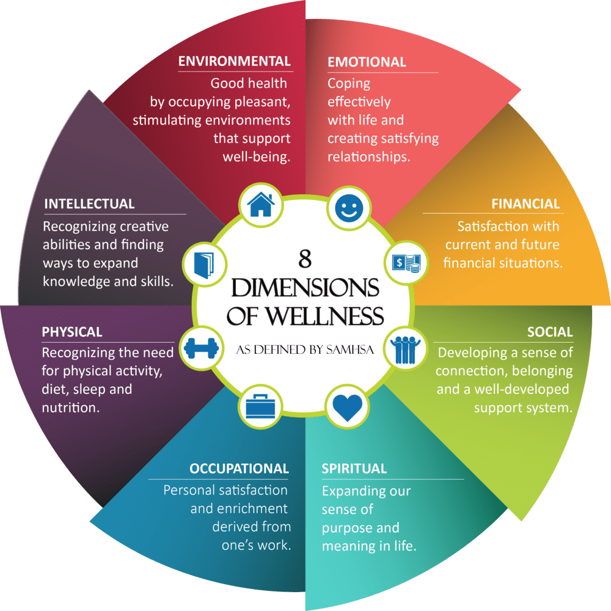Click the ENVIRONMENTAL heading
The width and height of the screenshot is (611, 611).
point(234,61)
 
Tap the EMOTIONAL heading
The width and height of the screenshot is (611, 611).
point(367,62)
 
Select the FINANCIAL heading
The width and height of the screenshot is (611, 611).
point(525,204)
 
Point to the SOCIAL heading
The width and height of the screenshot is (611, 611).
point(550,332)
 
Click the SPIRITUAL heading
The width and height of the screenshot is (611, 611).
point(354,469)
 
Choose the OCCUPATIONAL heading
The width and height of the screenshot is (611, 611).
point(239,469)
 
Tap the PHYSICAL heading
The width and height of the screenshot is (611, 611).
point(72,332)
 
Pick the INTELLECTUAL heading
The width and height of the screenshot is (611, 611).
point(89,203)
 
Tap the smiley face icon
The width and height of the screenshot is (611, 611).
point(348,207)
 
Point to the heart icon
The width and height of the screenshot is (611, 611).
point(348,407)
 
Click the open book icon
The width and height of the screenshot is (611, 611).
point(203,263)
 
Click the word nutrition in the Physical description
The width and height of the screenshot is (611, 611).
point(70,408)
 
